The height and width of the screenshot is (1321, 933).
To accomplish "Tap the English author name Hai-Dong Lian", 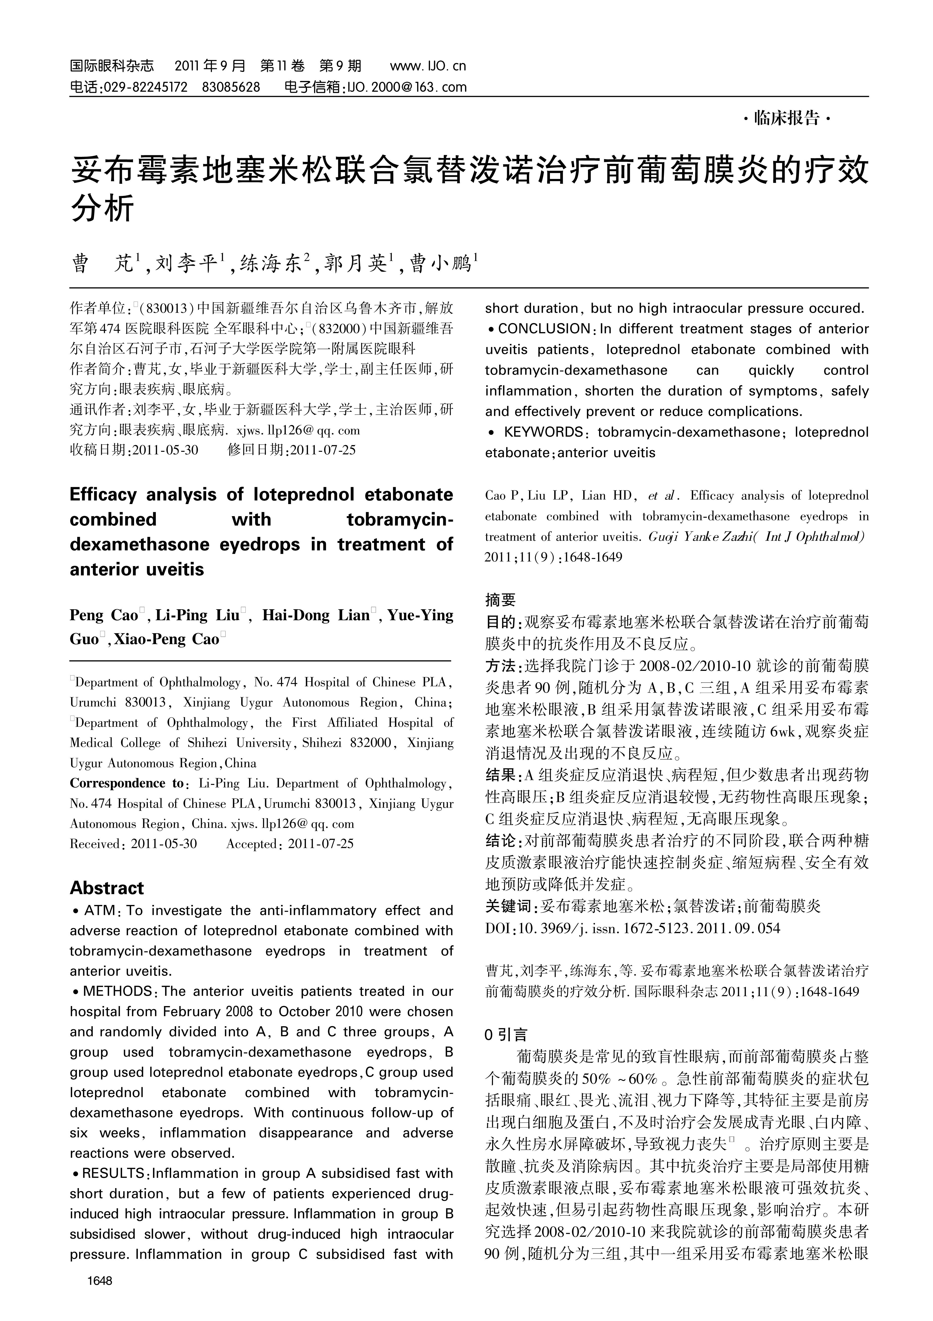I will tap(315, 616).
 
